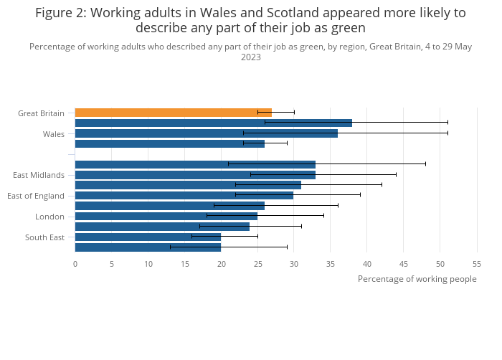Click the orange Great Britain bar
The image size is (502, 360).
(x=173, y=113)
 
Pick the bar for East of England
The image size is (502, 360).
(x=184, y=195)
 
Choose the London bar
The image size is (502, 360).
(x=166, y=216)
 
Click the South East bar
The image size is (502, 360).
(x=148, y=237)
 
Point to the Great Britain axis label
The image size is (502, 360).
(x=41, y=113)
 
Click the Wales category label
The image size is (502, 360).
(x=53, y=134)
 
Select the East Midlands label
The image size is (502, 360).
(x=39, y=175)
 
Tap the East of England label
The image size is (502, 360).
(x=36, y=196)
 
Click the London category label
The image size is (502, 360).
(x=49, y=217)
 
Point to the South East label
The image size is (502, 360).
(x=44, y=237)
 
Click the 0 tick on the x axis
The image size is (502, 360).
(x=75, y=263)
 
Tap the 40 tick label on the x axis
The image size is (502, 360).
(x=366, y=263)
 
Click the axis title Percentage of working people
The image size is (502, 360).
(x=417, y=279)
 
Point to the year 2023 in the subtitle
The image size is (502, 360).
(x=251, y=57)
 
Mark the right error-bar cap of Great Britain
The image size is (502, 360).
(x=294, y=113)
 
